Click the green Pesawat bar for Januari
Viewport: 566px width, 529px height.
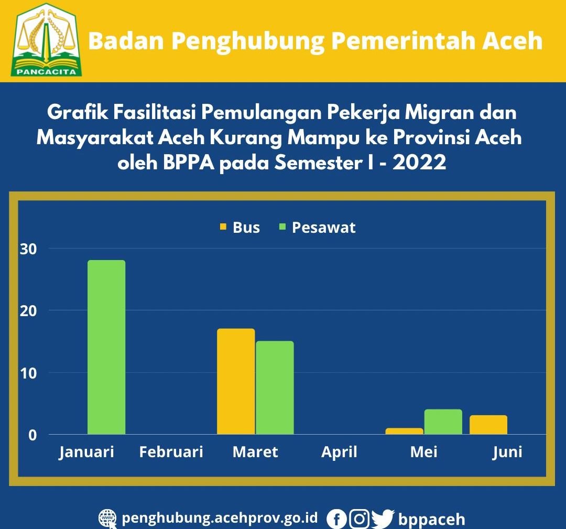106,347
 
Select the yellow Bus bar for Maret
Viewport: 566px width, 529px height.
236,381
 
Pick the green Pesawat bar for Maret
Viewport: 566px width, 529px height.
275,387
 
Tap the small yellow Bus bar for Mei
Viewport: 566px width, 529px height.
404,431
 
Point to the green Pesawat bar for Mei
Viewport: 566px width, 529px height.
443,422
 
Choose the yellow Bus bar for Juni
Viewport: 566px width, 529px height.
488,425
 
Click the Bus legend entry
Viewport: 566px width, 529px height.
240,228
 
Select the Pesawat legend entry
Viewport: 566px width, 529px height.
318,228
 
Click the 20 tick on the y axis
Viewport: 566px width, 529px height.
28,310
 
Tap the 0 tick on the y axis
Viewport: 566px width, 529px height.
32,435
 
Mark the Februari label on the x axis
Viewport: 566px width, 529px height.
171,452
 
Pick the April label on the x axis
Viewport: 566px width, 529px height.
339,452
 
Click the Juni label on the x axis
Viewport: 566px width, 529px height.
507,452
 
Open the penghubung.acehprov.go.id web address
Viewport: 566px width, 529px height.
220,518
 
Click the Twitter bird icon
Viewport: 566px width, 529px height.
383,519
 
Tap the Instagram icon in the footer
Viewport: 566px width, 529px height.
359,519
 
